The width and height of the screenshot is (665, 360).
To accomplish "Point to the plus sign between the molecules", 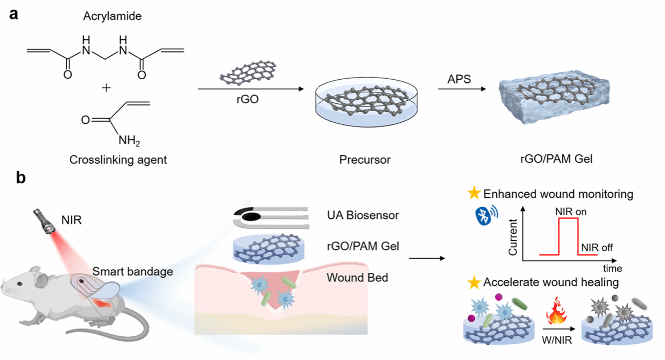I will click(106, 88).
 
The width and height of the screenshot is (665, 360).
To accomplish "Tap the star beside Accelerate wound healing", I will click(474, 283).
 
